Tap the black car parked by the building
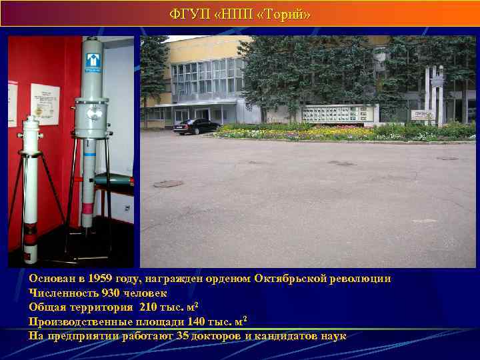pos(196,127)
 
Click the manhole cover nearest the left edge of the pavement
pos(168,183)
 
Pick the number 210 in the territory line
pos(152,307)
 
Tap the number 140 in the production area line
pos(190,321)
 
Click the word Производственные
pos(75,321)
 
